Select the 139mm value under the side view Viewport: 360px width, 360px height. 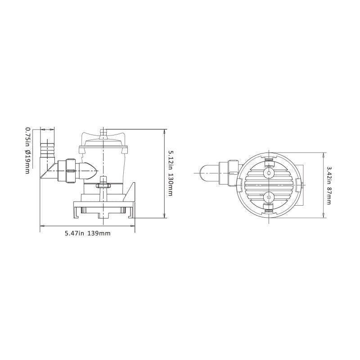[x=99, y=233]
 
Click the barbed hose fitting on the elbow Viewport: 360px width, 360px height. [x=47, y=151]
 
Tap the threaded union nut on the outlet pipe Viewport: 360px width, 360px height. [x=70, y=170]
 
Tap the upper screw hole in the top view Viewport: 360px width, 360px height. [x=269, y=173]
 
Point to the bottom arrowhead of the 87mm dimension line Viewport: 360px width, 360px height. [x=324, y=216]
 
